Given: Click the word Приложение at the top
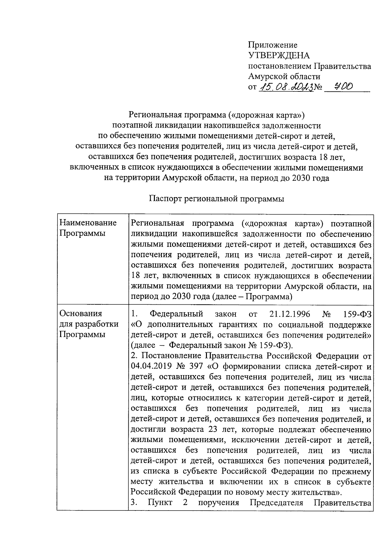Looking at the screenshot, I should tap(273, 45).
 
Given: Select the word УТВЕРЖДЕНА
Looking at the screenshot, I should tap(279, 56).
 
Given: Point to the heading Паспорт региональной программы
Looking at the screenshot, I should tap(216, 199).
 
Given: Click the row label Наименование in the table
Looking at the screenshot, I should tap(88, 223).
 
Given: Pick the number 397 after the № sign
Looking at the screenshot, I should tap(196, 366).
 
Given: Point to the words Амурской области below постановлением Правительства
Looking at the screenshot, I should tap(284, 77).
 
